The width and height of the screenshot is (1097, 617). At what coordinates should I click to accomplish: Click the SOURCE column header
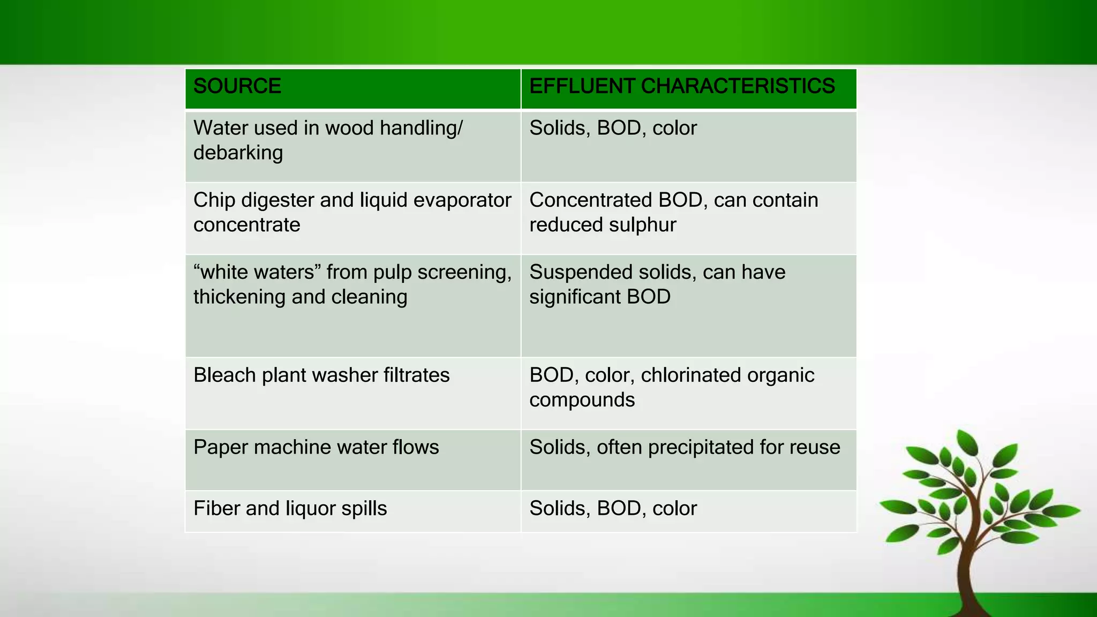tap(237, 87)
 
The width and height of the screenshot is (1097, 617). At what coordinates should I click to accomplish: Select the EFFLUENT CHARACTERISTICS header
tap(682, 87)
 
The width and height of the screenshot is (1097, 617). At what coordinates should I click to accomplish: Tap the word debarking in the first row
tap(238, 153)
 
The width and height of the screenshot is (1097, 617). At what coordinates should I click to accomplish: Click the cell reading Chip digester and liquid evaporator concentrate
tap(352, 213)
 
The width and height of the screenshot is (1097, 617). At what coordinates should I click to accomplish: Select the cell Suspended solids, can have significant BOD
tap(657, 285)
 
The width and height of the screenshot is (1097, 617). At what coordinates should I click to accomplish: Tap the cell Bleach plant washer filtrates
tap(321, 375)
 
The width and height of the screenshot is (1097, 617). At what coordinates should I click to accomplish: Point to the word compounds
tap(582, 400)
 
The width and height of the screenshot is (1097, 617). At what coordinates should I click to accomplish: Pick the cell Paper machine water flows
tap(316, 448)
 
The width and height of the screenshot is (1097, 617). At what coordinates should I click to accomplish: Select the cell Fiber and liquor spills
tap(290, 509)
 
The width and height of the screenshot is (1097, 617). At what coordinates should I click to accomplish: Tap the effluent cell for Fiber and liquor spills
tap(613, 509)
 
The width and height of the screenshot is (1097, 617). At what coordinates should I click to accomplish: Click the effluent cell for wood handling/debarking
tap(613, 129)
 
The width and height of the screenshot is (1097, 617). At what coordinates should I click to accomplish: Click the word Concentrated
tap(589, 200)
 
